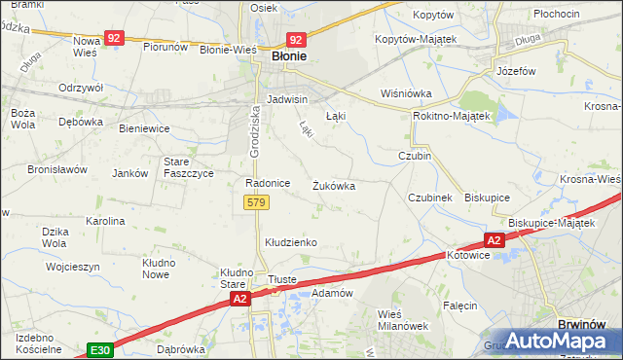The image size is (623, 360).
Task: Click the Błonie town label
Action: tap(287, 56)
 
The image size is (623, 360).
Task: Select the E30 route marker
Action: tap(98, 348)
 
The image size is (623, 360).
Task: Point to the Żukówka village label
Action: tap(333, 185)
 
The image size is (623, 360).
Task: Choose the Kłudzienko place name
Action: tap(291, 241)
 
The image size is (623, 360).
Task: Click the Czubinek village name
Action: tap(430, 198)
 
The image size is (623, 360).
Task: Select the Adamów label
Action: tap(331, 292)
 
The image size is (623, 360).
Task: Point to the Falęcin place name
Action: tap(459, 306)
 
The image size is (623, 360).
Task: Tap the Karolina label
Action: tap(105, 221)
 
